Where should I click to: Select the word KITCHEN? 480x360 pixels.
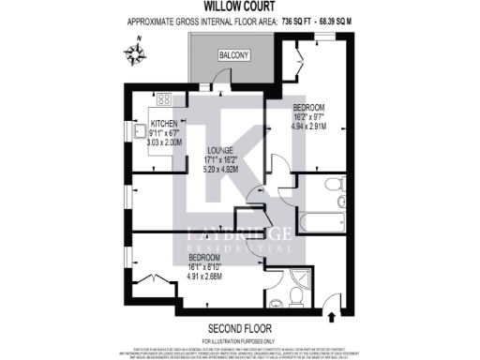pos(164,124)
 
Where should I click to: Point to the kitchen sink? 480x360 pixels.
pos(137,132)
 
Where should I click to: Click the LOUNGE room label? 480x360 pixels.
pos(221,149)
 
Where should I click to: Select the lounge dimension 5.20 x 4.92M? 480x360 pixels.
pos(222,171)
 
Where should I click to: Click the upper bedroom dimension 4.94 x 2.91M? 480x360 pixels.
pos(312,125)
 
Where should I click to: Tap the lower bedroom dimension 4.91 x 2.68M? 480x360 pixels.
pos(205,276)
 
